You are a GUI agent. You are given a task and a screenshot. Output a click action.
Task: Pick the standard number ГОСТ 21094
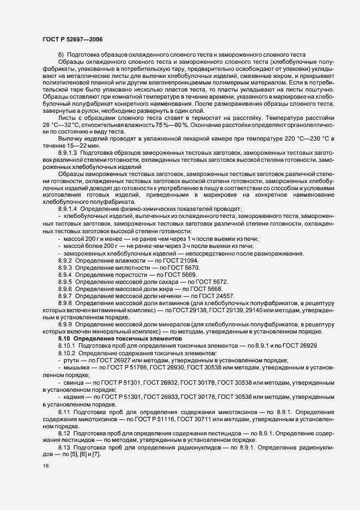coord(181,261)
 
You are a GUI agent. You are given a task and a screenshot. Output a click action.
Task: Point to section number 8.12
coord(64,432)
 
